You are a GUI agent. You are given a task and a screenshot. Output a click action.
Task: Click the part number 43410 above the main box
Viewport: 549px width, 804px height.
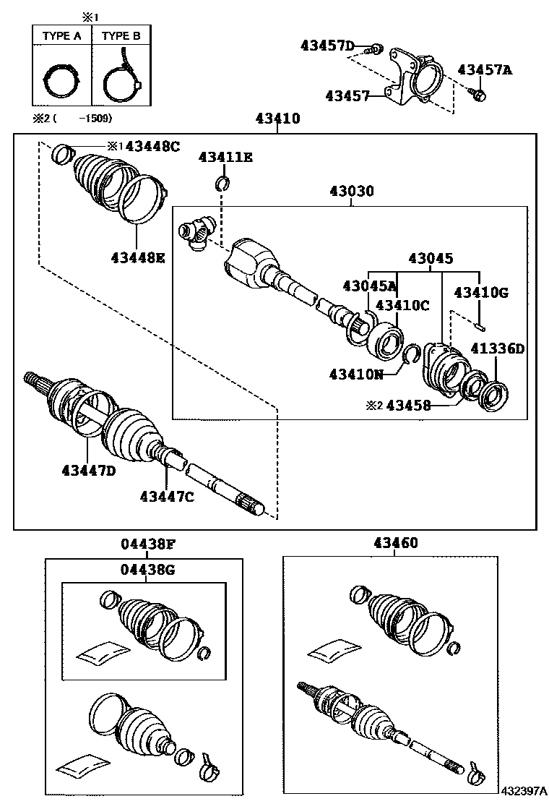[x=277, y=119]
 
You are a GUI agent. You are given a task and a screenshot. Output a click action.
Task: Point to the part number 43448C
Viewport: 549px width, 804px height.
[x=151, y=146]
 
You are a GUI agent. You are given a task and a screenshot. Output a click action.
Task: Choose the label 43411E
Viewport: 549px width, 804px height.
[x=225, y=158]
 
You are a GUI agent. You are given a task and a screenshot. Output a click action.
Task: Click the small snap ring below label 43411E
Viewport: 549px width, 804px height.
[x=223, y=184]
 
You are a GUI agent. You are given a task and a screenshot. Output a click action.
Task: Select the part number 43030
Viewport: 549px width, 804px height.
[x=352, y=192]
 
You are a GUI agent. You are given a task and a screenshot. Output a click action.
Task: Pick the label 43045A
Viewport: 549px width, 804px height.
[x=370, y=286]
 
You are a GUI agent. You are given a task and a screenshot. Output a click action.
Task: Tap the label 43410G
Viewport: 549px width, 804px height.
[x=480, y=292]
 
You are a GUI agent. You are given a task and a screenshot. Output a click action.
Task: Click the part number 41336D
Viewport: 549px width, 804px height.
[x=498, y=348]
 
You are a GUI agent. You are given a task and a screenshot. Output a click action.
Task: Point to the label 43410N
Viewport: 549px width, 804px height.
[x=355, y=374]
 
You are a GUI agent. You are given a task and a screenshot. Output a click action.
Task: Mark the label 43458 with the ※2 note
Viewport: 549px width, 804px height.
[x=408, y=406]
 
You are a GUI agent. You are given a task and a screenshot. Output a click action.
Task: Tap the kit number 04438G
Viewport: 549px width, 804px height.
[x=147, y=570]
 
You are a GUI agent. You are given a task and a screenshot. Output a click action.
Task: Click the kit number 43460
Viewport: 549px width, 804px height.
[x=395, y=543]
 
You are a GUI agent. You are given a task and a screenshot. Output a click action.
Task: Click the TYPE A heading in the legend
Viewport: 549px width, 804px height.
[x=61, y=35]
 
